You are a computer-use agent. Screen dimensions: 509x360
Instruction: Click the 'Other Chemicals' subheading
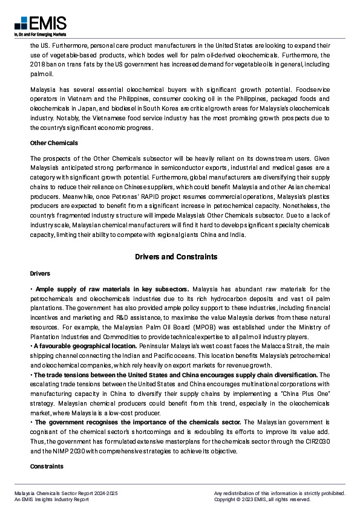[54, 143]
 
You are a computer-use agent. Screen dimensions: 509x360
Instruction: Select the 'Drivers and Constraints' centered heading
[175, 257]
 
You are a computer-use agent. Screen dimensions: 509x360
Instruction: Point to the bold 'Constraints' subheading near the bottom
[47, 467]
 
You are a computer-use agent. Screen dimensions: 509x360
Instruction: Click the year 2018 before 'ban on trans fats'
[37, 65]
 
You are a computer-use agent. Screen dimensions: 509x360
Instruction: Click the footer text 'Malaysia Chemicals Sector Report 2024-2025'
[67, 493]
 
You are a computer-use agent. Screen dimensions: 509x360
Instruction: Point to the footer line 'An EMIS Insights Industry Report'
[52, 500]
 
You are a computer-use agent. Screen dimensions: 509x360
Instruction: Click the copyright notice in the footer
[262, 500]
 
